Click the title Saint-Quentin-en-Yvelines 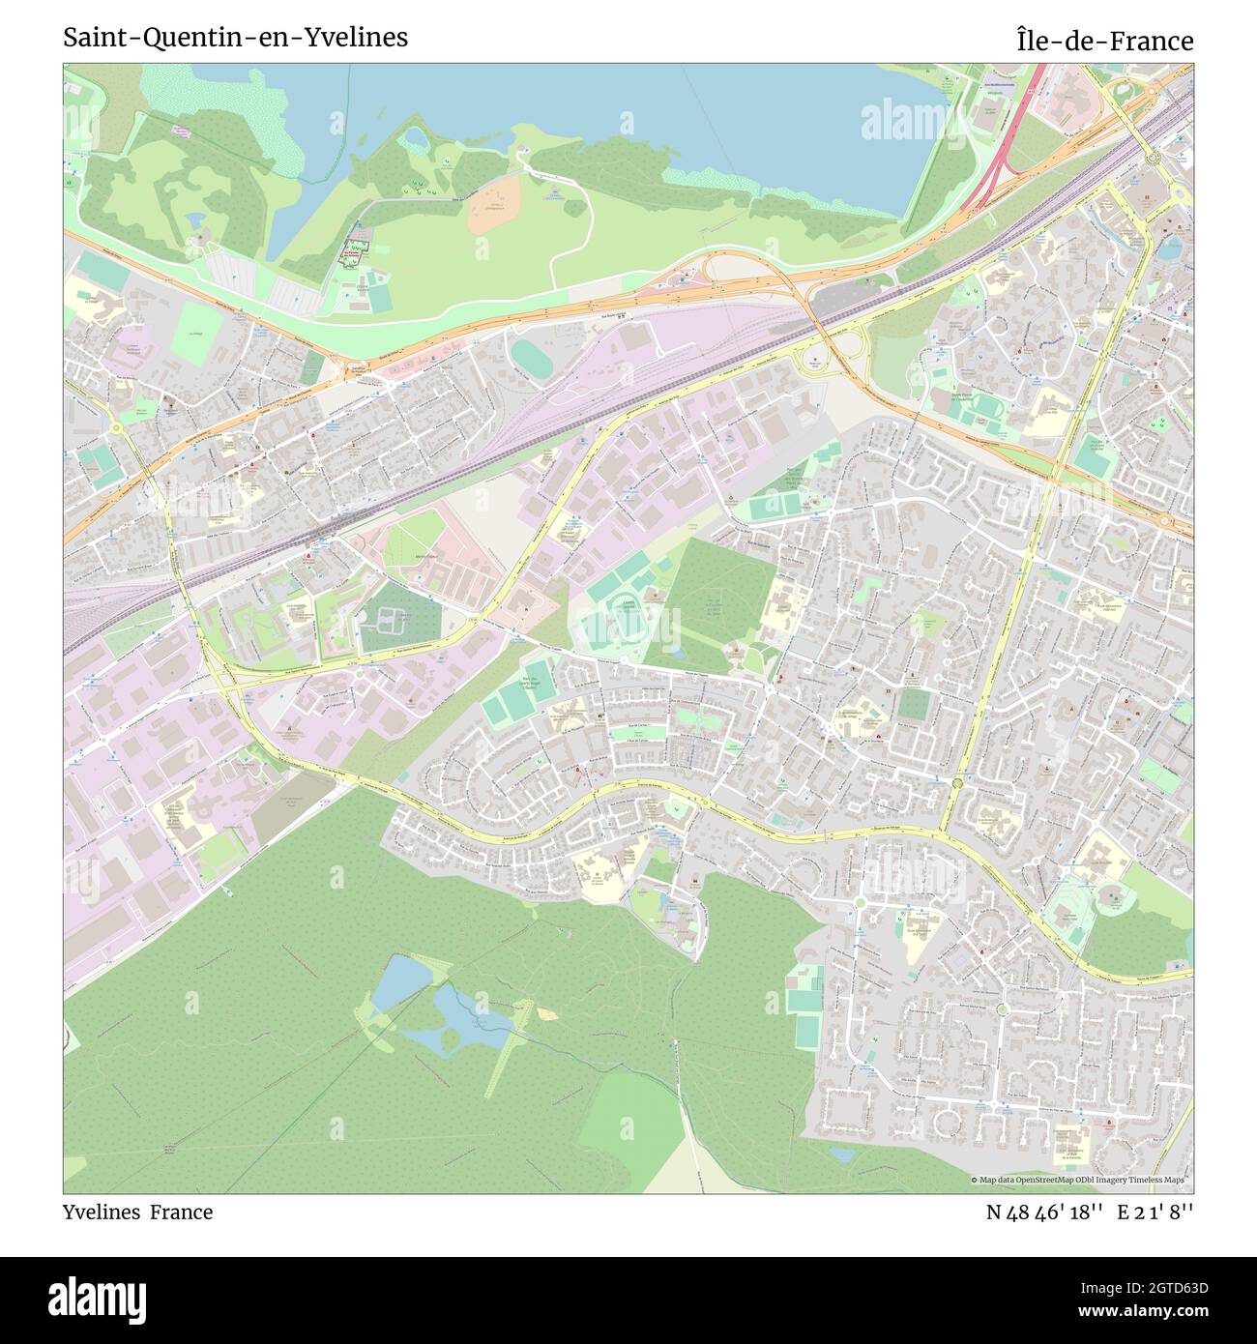[235, 38]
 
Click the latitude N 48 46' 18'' [1044, 1212]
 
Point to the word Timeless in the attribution [1145, 1180]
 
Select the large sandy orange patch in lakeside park [494, 204]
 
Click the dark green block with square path [398, 618]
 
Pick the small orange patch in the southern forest [548, 1013]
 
